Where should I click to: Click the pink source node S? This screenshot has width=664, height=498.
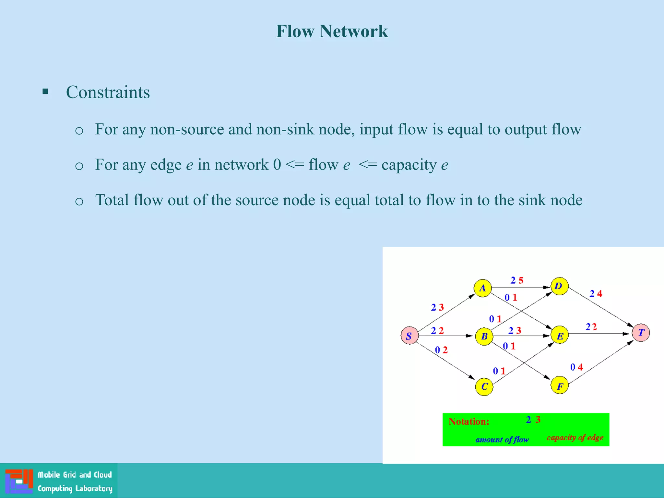[409, 336]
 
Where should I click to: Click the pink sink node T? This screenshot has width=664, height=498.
[641, 333]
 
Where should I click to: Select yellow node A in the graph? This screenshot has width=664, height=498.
[482, 288]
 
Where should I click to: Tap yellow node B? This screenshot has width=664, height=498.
[484, 336]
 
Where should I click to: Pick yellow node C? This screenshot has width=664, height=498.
[484, 386]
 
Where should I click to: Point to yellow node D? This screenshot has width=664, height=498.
[559, 286]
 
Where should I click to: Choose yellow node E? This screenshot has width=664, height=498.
[560, 336]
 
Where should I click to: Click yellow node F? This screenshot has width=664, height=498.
[560, 385]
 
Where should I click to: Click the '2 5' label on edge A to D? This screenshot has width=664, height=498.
[517, 280]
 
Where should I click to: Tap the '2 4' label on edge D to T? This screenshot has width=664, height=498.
[596, 293]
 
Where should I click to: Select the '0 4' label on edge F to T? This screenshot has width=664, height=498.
[576, 367]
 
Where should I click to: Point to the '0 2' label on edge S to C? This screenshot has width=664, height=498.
[441, 350]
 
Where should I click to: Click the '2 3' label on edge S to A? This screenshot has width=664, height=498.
[437, 307]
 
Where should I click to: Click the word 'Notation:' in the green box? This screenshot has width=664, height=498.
[469, 421]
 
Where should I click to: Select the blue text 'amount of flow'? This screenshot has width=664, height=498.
[502, 440]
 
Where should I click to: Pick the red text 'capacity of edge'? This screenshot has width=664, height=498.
[575, 438]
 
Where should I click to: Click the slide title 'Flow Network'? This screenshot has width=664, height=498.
[332, 31]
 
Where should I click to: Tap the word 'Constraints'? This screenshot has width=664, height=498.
[108, 92]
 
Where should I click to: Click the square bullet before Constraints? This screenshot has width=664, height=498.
[45, 91]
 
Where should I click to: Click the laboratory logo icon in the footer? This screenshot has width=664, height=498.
[19, 481]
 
